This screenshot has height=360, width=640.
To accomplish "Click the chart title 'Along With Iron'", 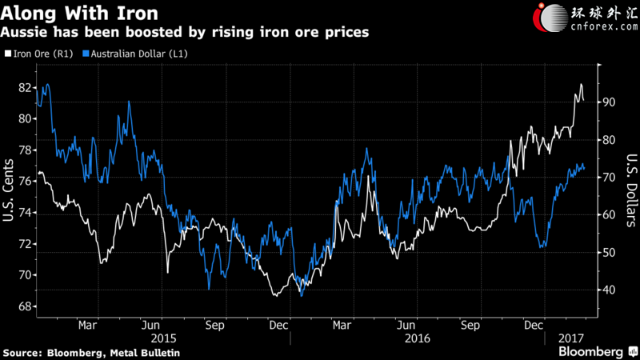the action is click(x=79, y=13).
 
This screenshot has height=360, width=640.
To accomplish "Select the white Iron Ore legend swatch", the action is click(x=8, y=54).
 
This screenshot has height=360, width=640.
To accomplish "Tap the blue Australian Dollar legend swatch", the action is click(x=86, y=54).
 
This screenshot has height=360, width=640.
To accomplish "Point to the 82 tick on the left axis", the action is click(x=25, y=88).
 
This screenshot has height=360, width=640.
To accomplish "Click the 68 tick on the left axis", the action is click(x=25, y=306).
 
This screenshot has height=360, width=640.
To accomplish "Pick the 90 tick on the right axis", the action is click(x=609, y=102).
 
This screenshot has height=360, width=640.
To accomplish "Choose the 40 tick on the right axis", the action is click(x=609, y=290).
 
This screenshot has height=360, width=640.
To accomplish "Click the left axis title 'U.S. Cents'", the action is click(x=8, y=190).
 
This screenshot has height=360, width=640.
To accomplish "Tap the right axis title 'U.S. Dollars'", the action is click(x=631, y=190).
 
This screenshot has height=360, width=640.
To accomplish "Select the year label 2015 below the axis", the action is click(x=164, y=338).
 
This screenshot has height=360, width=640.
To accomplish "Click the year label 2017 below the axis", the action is click(x=571, y=338).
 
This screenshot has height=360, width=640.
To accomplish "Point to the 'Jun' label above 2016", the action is click(x=406, y=326).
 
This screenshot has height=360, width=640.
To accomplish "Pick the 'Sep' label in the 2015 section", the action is click(x=214, y=326).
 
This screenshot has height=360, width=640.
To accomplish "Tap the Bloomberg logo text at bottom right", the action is click(x=590, y=352).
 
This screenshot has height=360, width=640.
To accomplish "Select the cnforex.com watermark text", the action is click(x=604, y=27).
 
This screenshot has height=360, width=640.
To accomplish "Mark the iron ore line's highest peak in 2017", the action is click(x=581, y=84).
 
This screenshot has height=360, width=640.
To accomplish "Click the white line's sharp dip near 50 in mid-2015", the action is click(x=168, y=272).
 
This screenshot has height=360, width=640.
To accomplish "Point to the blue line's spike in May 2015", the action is click(x=129, y=102).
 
